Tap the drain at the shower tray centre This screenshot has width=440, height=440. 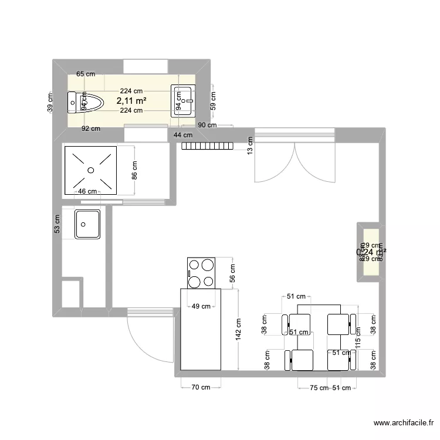click(90, 170)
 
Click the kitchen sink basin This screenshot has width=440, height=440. click(87, 224)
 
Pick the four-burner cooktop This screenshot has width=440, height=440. click(202, 273)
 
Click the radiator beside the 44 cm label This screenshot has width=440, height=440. click(208, 145)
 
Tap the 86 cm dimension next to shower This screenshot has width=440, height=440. click(134, 174)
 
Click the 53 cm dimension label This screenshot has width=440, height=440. click(57, 224)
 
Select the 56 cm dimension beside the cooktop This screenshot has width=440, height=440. click(232, 273)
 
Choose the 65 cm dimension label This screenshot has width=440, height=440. click(85, 75)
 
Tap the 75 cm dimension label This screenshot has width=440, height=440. click(319, 388)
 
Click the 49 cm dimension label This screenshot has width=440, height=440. click(202, 306)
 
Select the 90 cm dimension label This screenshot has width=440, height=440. click(207, 125)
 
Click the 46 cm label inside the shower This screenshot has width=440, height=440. click(87, 191)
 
